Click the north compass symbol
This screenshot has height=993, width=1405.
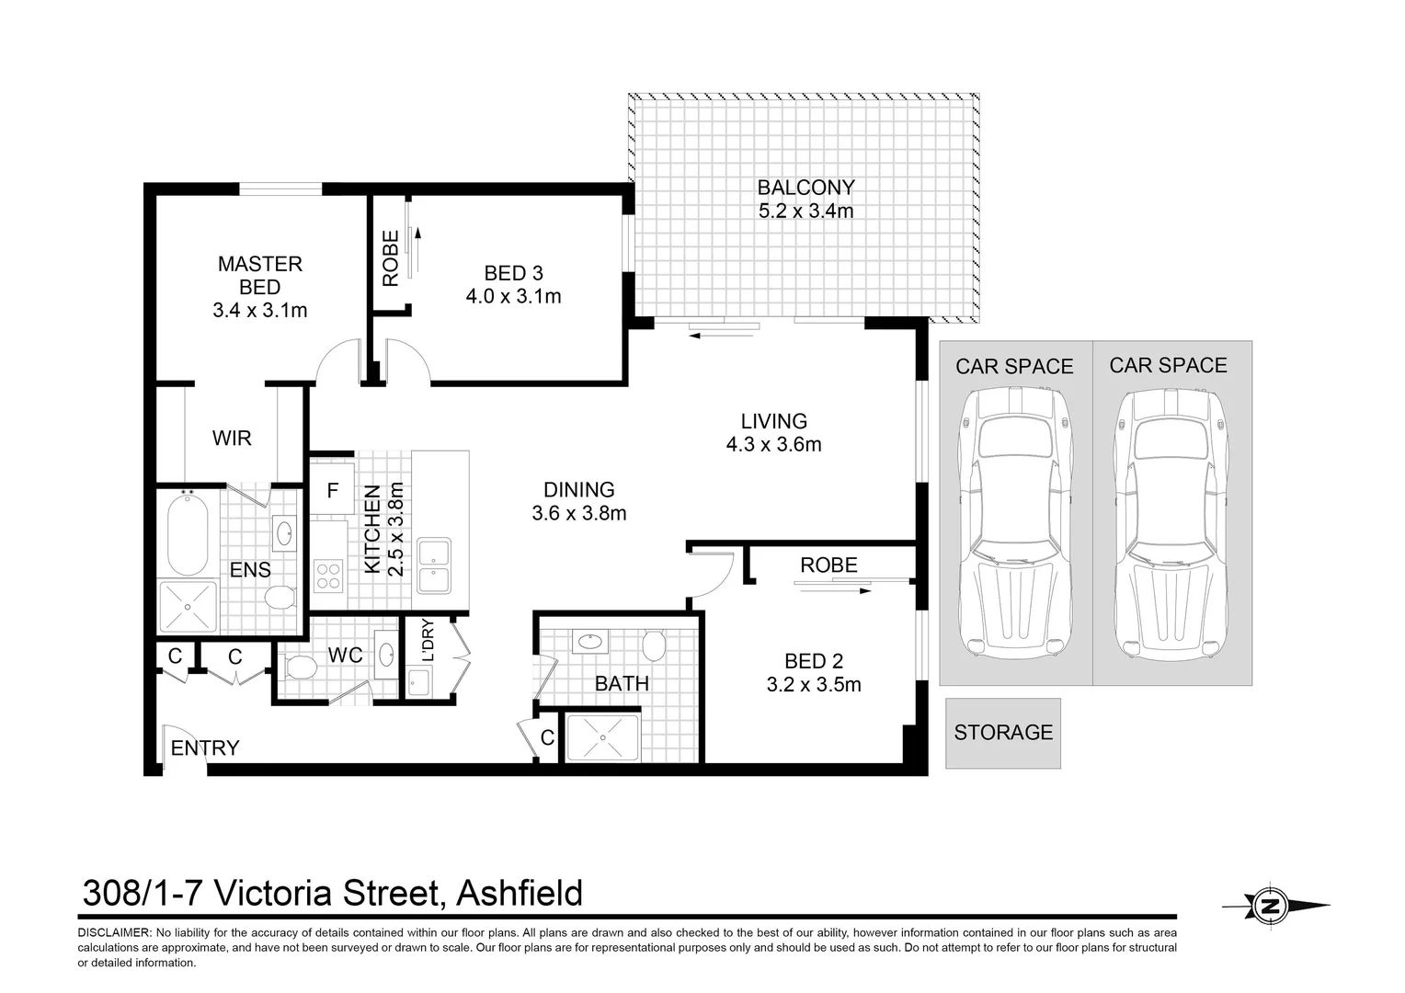[x=1271, y=906]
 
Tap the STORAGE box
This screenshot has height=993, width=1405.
[x=1002, y=733]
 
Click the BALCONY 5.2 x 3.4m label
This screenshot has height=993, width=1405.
[x=805, y=200]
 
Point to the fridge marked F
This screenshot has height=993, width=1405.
[x=332, y=491]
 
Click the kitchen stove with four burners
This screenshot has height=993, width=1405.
[x=328, y=576]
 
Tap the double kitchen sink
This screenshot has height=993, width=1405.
[x=433, y=566]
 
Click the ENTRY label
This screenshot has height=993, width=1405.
[x=205, y=748]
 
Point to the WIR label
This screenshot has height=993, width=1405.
[x=232, y=439]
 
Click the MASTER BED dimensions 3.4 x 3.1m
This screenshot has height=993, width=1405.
[x=260, y=311]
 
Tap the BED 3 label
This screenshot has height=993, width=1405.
[x=513, y=273]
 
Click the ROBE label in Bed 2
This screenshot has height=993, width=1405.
[x=828, y=565]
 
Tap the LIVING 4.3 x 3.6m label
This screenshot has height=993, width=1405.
[x=773, y=433]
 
